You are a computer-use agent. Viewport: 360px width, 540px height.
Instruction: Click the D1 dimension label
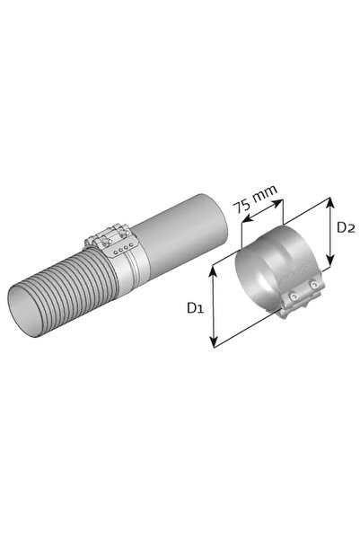click(195, 307)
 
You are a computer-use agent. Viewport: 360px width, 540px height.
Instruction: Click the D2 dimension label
click(346, 227)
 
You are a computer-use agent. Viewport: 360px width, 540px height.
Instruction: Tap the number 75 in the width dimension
click(241, 206)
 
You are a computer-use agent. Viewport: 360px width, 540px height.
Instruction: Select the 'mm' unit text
click(264, 195)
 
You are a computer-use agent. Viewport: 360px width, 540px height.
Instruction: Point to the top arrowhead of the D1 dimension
click(214, 271)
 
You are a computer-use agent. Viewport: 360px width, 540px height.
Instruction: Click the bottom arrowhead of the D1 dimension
click(214, 342)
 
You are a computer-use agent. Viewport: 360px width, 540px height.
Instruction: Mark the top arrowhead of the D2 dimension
click(330, 202)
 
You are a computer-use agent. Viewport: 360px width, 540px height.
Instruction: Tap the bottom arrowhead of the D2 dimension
click(330, 260)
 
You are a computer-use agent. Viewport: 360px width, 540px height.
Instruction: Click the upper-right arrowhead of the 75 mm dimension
click(277, 203)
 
